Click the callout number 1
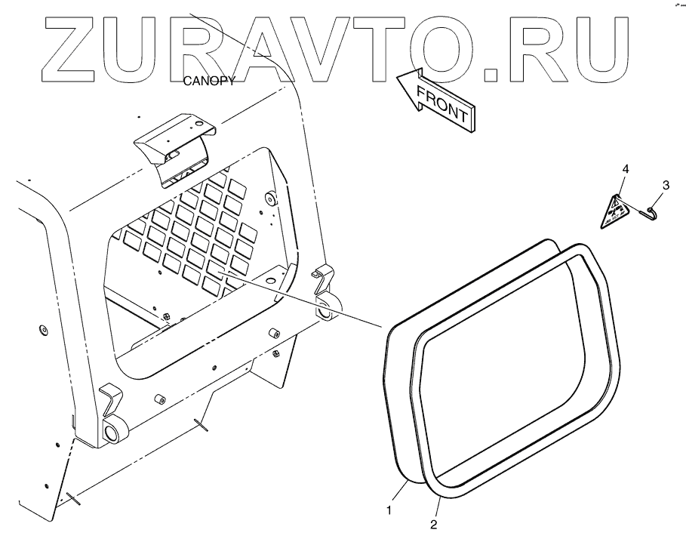coord(389,511)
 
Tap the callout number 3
coord(666,183)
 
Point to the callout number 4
coord(624,168)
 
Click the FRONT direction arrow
coord(437,98)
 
